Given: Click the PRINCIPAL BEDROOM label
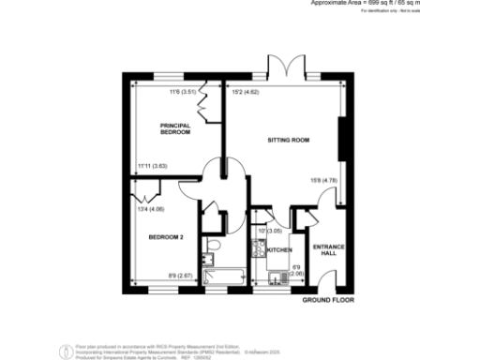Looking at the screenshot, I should click(x=175, y=128).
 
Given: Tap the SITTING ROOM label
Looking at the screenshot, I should click(x=290, y=140).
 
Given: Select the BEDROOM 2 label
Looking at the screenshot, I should click(x=165, y=238).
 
